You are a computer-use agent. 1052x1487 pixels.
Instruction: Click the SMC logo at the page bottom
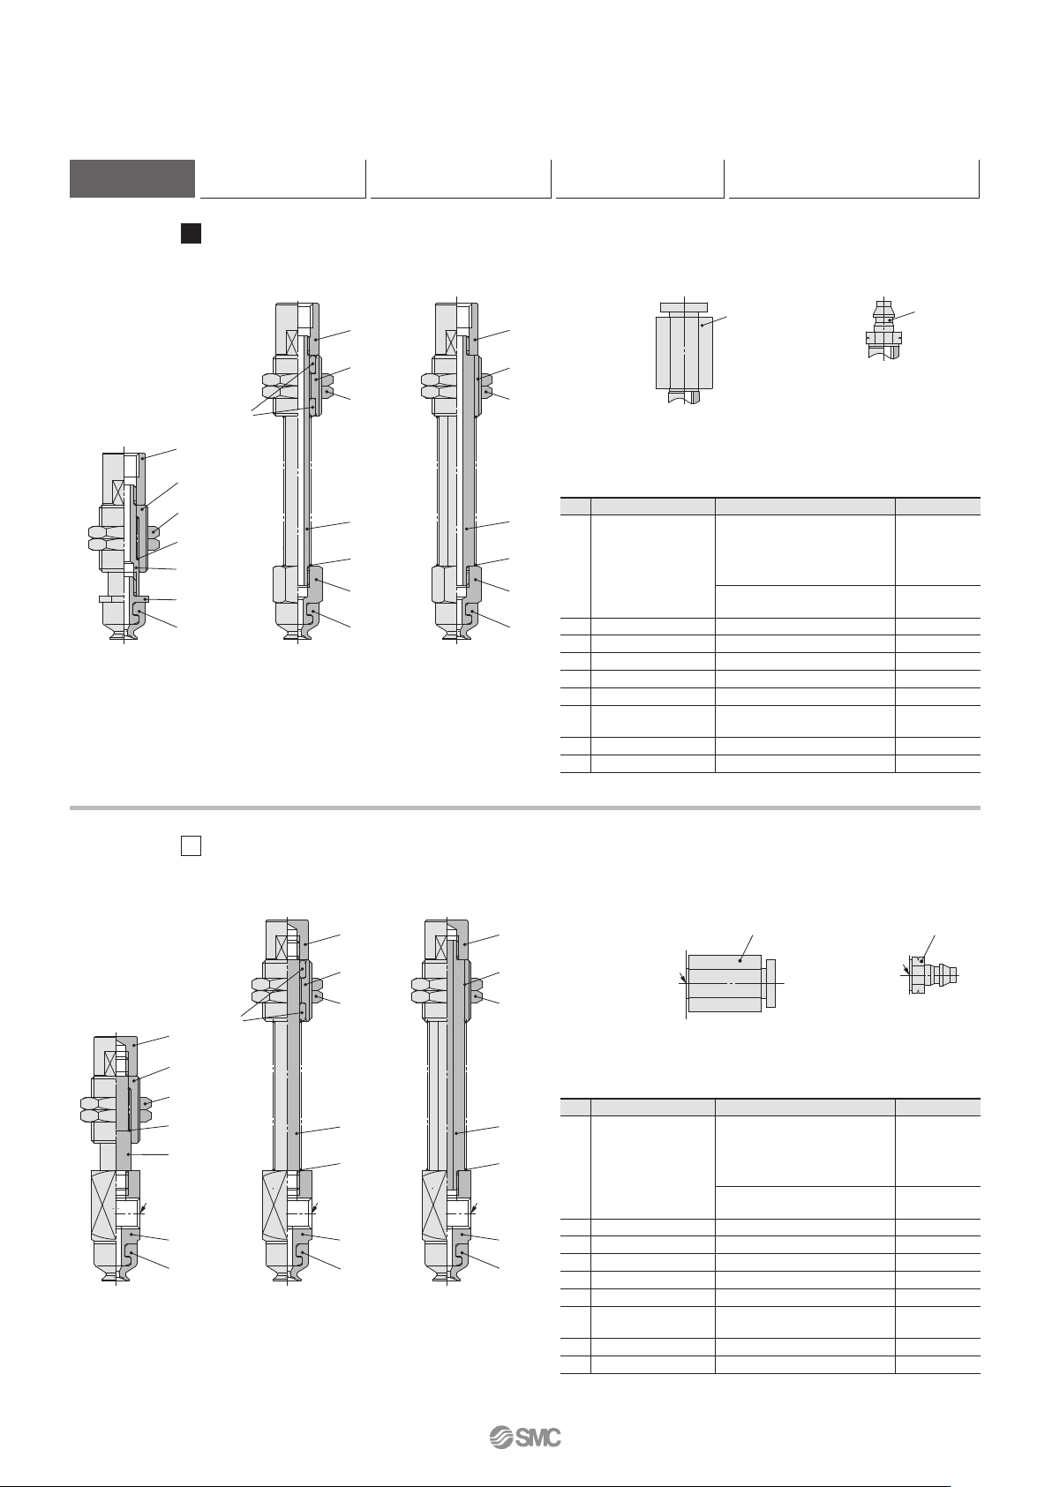tap(525, 1438)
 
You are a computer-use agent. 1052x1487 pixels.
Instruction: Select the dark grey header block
tap(132, 178)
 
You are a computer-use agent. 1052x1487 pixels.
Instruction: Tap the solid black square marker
tap(192, 234)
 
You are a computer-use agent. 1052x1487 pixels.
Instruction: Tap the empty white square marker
tap(192, 845)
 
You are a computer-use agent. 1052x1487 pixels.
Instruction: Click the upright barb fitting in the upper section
tap(884, 329)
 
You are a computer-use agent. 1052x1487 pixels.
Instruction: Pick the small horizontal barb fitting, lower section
tap(933, 975)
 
